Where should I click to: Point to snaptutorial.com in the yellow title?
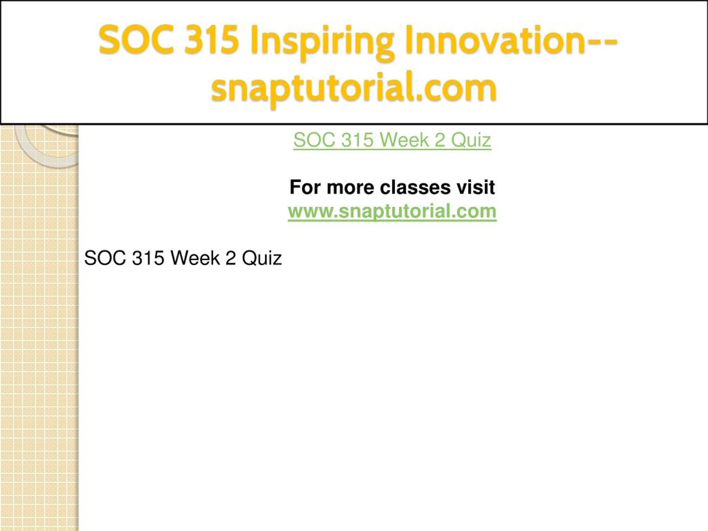point(354,88)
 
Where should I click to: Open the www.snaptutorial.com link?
point(392,211)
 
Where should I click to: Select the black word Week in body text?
point(195,258)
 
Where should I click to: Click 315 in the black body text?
point(148,258)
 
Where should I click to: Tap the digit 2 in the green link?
point(439,140)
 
